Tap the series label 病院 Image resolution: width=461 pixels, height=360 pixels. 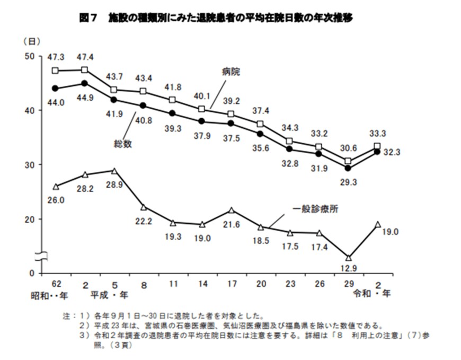click(231, 72)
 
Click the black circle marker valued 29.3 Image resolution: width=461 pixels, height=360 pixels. click(348, 168)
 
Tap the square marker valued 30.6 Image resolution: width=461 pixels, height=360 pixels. click(348, 161)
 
